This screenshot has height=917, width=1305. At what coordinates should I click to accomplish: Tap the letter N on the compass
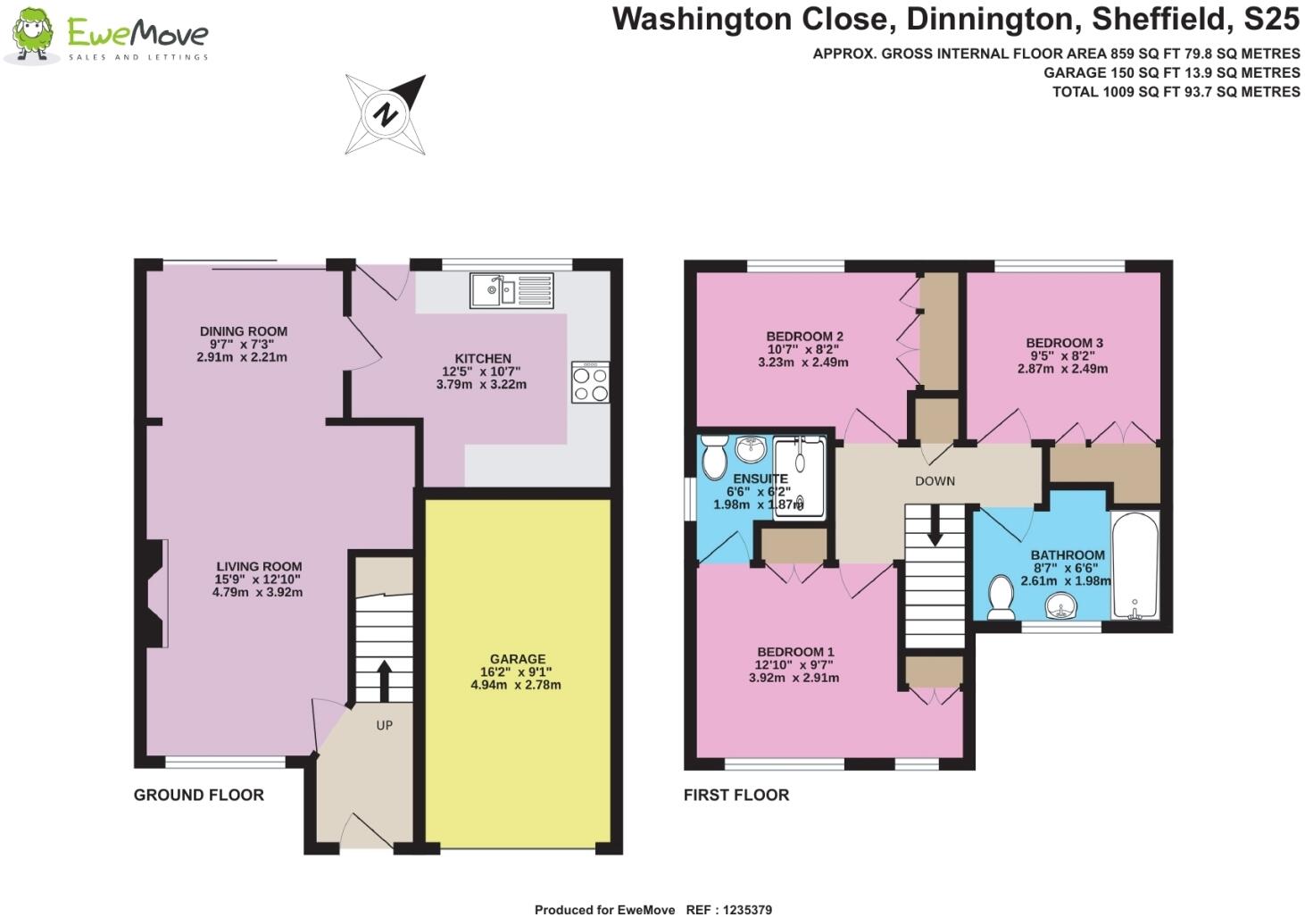pyautogui.click(x=386, y=114)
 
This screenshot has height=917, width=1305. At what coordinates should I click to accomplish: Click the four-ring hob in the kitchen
pyautogui.click(x=590, y=382)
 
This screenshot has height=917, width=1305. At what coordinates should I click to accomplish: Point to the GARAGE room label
pyautogui.click(x=517, y=660)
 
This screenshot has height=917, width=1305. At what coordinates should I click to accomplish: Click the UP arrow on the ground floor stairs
pyautogui.click(x=385, y=680)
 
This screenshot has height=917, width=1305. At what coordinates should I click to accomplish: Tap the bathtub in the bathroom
pyautogui.click(x=1135, y=565)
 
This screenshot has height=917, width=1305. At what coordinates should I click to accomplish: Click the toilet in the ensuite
pyautogui.click(x=714, y=457)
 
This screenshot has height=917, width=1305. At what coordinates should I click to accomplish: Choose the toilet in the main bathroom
pyautogui.click(x=1000, y=596)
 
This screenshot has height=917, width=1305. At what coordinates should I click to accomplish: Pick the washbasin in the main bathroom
pyautogui.click(x=1061, y=607)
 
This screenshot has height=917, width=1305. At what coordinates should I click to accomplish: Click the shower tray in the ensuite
pyautogui.click(x=800, y=478)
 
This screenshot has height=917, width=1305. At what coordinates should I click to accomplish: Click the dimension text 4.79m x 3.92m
pyautogui.click(x=257, y=592)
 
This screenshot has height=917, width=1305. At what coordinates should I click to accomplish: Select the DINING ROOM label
pyautogui.click(x=243, y=331)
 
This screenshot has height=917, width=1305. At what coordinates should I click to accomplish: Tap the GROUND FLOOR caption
pyautogui.click(x=199, y=795)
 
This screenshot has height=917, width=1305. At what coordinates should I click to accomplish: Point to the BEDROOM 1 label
pyautogui.click(x=795, y=652)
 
